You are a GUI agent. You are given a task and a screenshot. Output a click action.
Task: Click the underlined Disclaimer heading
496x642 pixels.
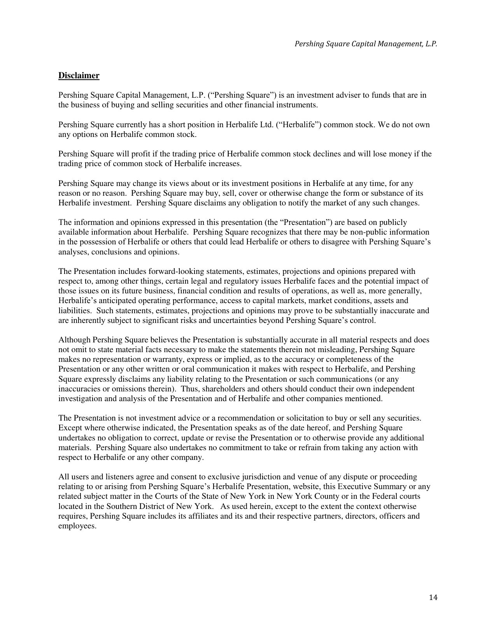79,75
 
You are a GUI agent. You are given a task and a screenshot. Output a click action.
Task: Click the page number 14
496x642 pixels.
433,598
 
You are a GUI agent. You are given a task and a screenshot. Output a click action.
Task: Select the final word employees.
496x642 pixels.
77,526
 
